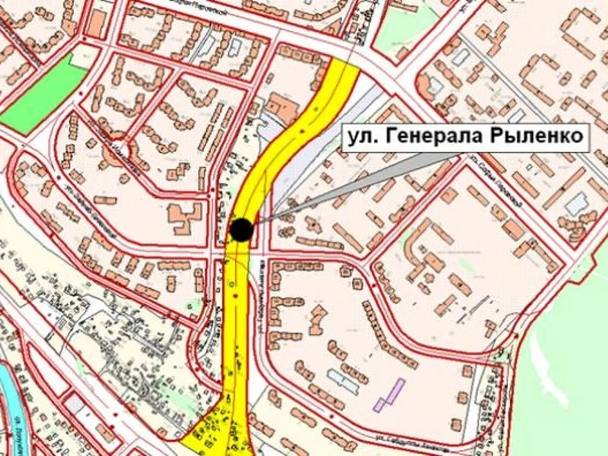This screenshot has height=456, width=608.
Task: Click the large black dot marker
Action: coord(241,230)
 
